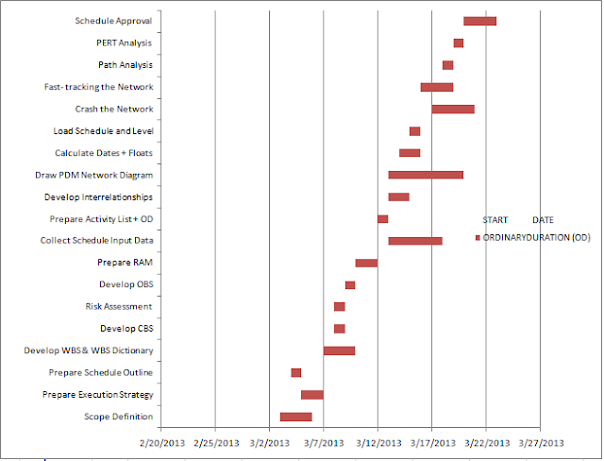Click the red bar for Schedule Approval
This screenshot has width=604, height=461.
[479, 21]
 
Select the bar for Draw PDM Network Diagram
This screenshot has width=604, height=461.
[426, 175]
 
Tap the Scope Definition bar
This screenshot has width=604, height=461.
[295, 417]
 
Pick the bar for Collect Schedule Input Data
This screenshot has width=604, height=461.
[415, 241]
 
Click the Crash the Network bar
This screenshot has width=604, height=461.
[453, 109]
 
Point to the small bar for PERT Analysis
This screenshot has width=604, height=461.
[458, 43]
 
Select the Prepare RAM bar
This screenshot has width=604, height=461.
[366, 263]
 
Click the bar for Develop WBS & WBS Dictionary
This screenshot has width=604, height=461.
[339, 350]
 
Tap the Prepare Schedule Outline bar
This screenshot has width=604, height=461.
[296, 372]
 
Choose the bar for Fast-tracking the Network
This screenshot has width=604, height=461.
[437, 87]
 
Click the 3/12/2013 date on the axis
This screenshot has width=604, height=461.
[377, 440]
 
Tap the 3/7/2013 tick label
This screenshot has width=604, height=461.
[324, 440]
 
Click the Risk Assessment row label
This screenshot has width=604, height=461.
[118, 306]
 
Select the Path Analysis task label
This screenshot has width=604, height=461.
[125, 65]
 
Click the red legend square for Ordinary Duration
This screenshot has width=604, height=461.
[478, 238]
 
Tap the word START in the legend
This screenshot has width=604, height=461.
[496, 219]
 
